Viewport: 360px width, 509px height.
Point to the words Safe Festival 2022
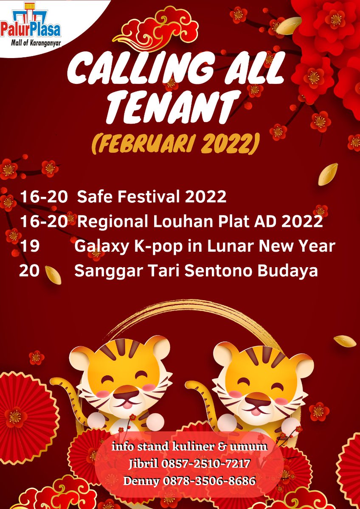pyautogui.click(x=151, y=197)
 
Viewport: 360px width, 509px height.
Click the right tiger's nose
pyautogui.click(x=255, y=398)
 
